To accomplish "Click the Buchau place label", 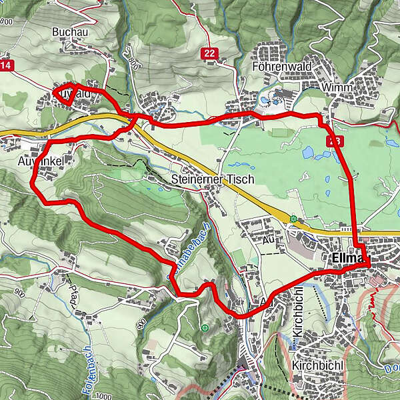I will [68, 31].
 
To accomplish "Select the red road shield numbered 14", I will [6, 65].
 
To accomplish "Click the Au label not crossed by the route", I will [269, 238].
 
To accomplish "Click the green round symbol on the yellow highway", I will [293, 218].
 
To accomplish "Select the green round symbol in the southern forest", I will [205, 327].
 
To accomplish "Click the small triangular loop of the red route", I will [66, 95].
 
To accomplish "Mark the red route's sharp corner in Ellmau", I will [369, 265].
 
